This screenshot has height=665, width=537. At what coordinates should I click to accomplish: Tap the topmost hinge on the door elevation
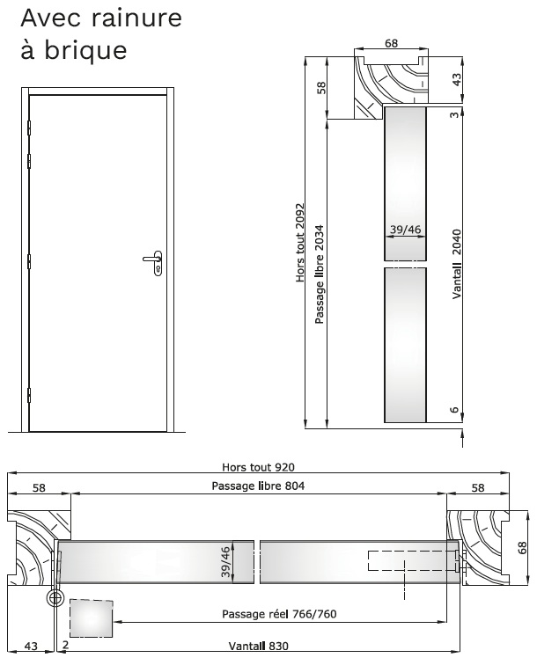[x=29, y=128]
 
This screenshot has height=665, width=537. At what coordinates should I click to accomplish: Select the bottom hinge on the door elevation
[x=29, y=395]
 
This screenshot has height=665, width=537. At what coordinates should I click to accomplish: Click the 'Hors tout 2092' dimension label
[x=300, y=243]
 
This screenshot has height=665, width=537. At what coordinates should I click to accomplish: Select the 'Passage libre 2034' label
[x=320, y=274]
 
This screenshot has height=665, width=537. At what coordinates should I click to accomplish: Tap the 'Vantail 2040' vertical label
[x=456, y=264]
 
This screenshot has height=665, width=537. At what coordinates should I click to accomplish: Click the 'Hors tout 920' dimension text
[x=258, y=467]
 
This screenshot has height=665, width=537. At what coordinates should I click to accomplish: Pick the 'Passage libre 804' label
[x=258, y=486]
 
